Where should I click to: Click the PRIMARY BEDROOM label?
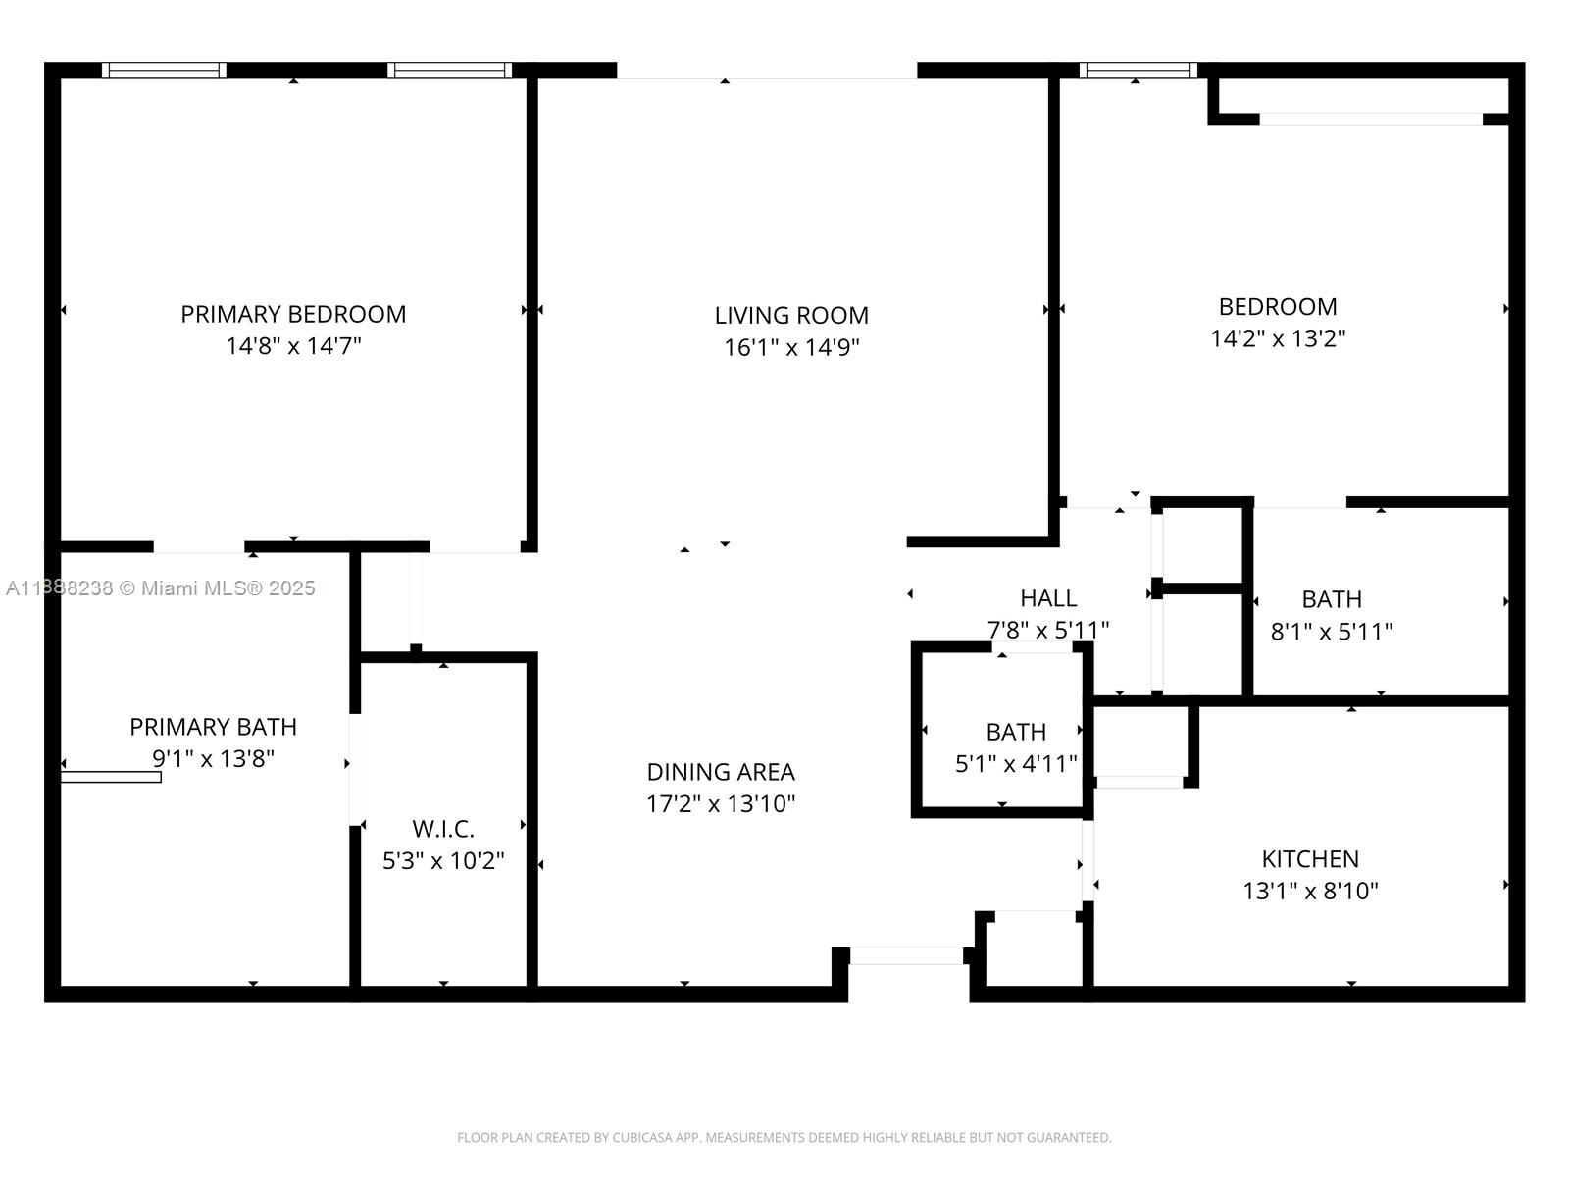click(x=293, y=314)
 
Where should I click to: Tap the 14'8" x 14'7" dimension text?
click(x=293, y=346)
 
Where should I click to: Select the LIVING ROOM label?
click(x=791, y=315)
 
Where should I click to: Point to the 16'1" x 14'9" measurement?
click(x=791, y=347)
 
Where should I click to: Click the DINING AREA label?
click(x=721, y=772)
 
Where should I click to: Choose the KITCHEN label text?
click(x=1310, y=859)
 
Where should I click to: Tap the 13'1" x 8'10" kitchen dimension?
click(x=1310, y=892)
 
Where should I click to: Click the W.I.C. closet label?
click(x=443, y=829)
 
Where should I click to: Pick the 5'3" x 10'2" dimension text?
click(x=443, y=861)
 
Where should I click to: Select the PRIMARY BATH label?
click(x=213, y=727)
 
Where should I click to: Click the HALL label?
click(x=1048, y=598)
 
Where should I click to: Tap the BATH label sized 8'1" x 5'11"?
click(x=1332, y=599)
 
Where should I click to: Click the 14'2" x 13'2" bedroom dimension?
click(x=1278, y=338)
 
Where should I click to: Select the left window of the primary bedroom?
click(x=164, y=71)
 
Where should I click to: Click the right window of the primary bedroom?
click(x=449, y=71)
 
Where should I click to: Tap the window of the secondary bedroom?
click(x=1138, y=71)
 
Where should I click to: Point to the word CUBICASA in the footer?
click(x=640, y=1138)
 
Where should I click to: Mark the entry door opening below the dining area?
click(x=907, y=956)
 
